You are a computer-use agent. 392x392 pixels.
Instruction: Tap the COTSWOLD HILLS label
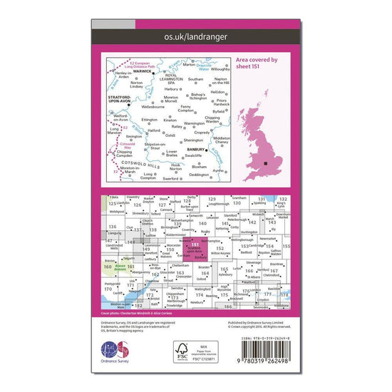[142, 165]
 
